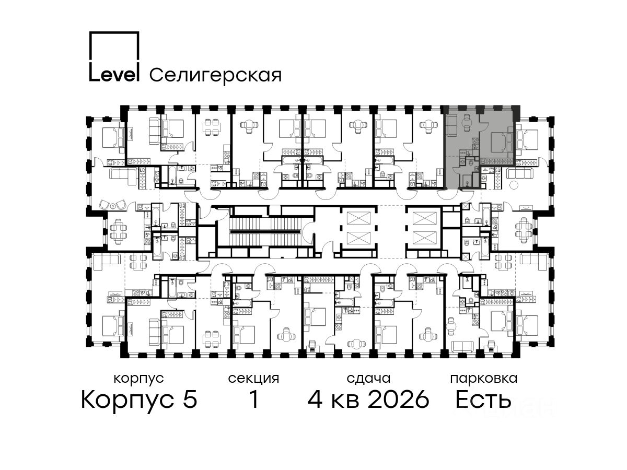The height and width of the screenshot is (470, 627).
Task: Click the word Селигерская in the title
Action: tap(216, 75)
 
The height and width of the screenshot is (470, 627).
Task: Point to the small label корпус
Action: tap(139, 379)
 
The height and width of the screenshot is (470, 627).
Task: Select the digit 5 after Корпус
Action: tap(190, 399)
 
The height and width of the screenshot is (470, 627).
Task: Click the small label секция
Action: tap(253, 379)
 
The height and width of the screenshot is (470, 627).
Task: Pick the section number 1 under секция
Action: tap(254, 399)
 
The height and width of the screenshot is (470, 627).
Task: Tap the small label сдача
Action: tap(369, 379)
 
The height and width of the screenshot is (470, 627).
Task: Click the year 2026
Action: tap(399, 399)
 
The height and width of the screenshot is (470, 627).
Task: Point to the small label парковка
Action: tap(484, 379)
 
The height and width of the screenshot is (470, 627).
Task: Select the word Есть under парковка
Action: tap(483, 399)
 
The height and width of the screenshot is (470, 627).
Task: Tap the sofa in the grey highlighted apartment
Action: tap(451, 125)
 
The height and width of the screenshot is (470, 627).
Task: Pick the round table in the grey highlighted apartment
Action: tap(468, 122)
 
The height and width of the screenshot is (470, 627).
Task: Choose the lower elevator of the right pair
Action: tap(425, 238)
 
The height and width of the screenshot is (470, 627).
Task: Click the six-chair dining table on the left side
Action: tap(118, 231)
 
